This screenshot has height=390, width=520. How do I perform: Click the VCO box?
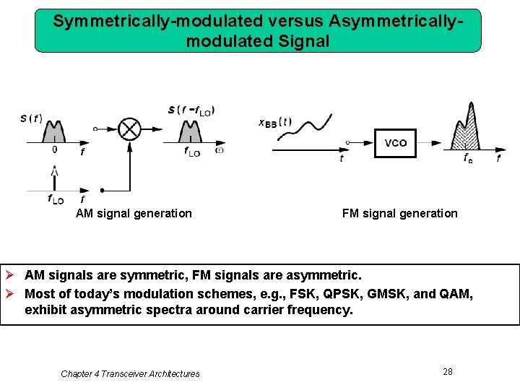(395, 143)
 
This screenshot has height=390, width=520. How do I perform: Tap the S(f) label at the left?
(31, 118)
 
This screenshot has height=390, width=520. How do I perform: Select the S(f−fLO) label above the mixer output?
(191, 110)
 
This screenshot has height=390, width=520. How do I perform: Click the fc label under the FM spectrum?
(469, 158)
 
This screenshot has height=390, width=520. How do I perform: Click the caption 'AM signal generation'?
(134, 213)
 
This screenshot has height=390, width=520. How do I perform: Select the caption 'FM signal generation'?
(399, 213)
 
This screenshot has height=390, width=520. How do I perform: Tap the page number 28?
(448, 371)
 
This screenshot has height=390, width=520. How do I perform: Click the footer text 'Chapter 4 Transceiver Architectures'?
(130, 373)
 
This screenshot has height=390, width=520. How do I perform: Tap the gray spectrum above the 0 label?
(54, 131)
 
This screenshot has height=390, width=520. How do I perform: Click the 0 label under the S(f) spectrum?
(54, 149)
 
